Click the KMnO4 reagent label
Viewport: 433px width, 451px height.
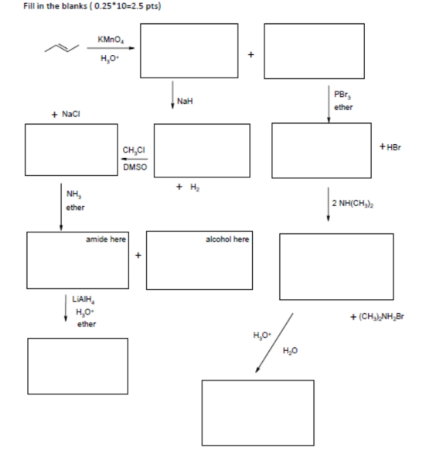coord(111,40)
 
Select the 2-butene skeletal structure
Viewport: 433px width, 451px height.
coord(62,48)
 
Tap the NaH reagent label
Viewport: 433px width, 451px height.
coord(185,101)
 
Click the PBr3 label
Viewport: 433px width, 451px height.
coord(343,95)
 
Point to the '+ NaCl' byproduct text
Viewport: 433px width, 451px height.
coord(66,114)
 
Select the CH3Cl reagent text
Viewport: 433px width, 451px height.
coord(134,150)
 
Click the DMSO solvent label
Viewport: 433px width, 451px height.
coord(135,167)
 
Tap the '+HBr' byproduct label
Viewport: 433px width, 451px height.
coord(390,147)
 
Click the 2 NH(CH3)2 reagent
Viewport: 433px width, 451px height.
coord(353,203)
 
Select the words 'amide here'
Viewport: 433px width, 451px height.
coord(106,239)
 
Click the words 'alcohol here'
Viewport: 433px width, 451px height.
coord(227,239)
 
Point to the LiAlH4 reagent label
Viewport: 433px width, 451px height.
coord(84,299)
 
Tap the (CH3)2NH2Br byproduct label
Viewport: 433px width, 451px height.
coord(377,317)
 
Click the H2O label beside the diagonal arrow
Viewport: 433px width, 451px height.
coord(290,350)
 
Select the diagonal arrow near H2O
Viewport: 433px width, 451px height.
coord(274,343)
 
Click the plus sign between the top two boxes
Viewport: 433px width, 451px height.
coord(251,54)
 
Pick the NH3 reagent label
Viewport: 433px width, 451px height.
coord(73,195)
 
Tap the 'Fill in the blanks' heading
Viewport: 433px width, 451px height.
coord(55,6)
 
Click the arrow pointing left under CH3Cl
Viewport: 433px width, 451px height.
coord(135,159)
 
